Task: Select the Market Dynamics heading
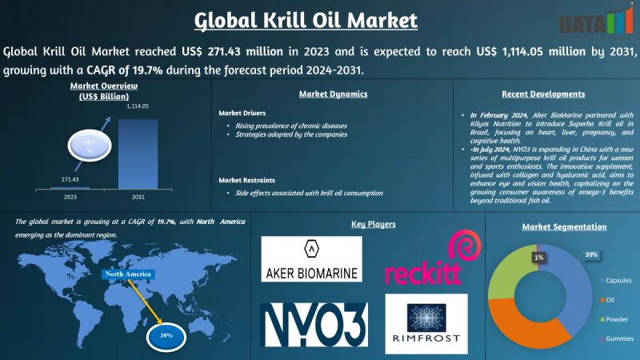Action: pos(333,94)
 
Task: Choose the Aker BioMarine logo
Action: pos(311,258)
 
